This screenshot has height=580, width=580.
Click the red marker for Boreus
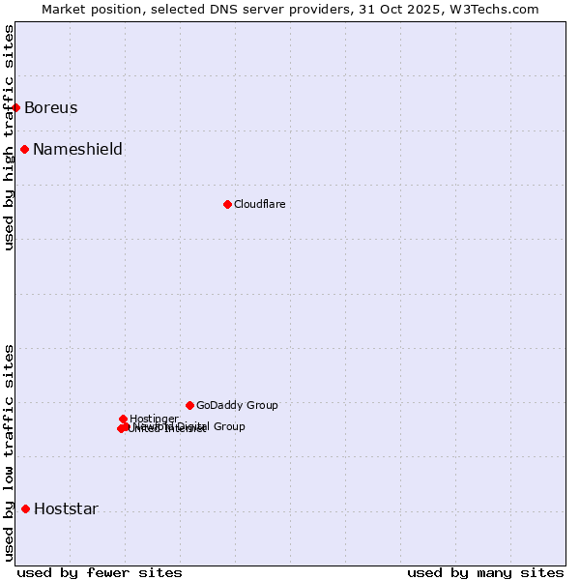point(16,107)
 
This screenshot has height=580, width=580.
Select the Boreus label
point(50,107)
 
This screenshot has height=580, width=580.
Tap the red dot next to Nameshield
point(24,149)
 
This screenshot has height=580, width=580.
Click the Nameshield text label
point(77,149)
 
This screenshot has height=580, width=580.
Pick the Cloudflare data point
point(227,204)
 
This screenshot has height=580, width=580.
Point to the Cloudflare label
point(259,204)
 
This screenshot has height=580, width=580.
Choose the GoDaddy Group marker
point(189,405)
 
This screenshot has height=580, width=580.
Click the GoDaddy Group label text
point(237,405)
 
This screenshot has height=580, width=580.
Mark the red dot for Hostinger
point(123,419)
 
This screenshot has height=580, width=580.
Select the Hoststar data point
point(25,508)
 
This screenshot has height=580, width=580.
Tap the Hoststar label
point(66,508)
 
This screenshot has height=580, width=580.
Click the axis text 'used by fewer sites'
point(100,572)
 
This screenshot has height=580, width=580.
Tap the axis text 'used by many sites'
point(485,572)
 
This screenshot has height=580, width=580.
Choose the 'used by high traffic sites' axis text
point(9,137)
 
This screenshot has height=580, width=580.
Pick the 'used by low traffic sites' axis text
point(9,452)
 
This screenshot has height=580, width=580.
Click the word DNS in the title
point(217,9)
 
